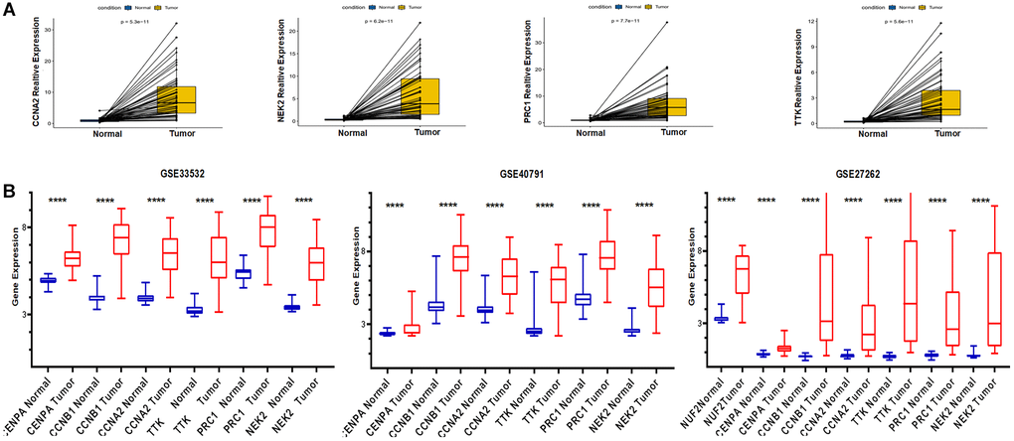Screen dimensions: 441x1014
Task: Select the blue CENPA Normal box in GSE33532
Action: [x=48, y=280]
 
